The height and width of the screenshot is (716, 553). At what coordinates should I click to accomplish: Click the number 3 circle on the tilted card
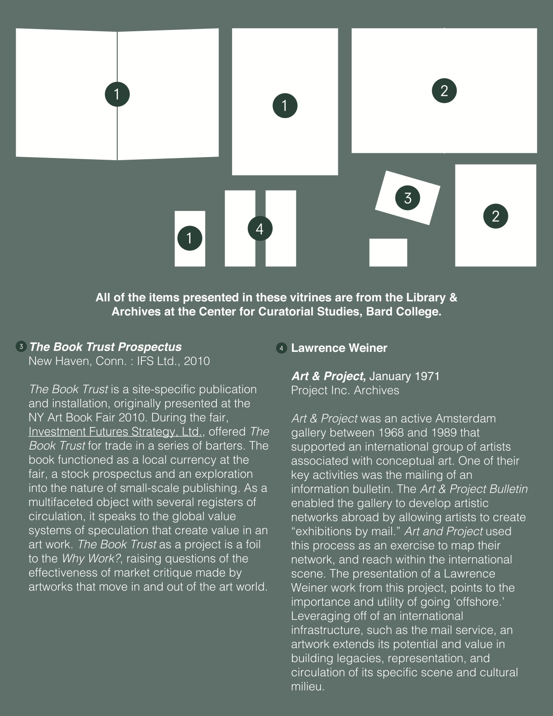[x=408, y=198]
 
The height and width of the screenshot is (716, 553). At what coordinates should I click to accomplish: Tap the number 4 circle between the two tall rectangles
[x=260, y=228]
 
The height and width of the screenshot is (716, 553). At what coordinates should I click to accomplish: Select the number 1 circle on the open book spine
[x=117, y=94]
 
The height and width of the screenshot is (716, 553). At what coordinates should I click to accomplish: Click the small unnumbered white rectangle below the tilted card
[x=388, y=252]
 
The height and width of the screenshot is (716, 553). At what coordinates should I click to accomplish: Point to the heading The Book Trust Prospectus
[x=105, y=347]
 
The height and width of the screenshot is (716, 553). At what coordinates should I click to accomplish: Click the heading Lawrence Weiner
[x=339, y=348]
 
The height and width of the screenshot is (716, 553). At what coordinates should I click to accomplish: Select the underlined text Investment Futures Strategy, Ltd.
[x=115, y=432]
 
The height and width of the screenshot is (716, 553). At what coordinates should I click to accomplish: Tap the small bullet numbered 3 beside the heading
[x=21, y=347]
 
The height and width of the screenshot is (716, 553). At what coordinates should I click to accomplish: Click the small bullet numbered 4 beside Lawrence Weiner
[x=281, y=348]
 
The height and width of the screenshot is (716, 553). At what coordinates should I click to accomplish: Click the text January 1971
[x=404, y=376]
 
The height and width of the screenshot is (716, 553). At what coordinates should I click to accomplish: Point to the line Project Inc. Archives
[x=345, y=390]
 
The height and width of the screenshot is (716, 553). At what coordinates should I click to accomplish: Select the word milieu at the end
[x=307, y=686]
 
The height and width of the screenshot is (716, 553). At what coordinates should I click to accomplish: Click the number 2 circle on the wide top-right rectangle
[x=444, y=90]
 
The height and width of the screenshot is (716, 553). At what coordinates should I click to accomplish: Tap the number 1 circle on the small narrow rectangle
[x=190, y=238]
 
